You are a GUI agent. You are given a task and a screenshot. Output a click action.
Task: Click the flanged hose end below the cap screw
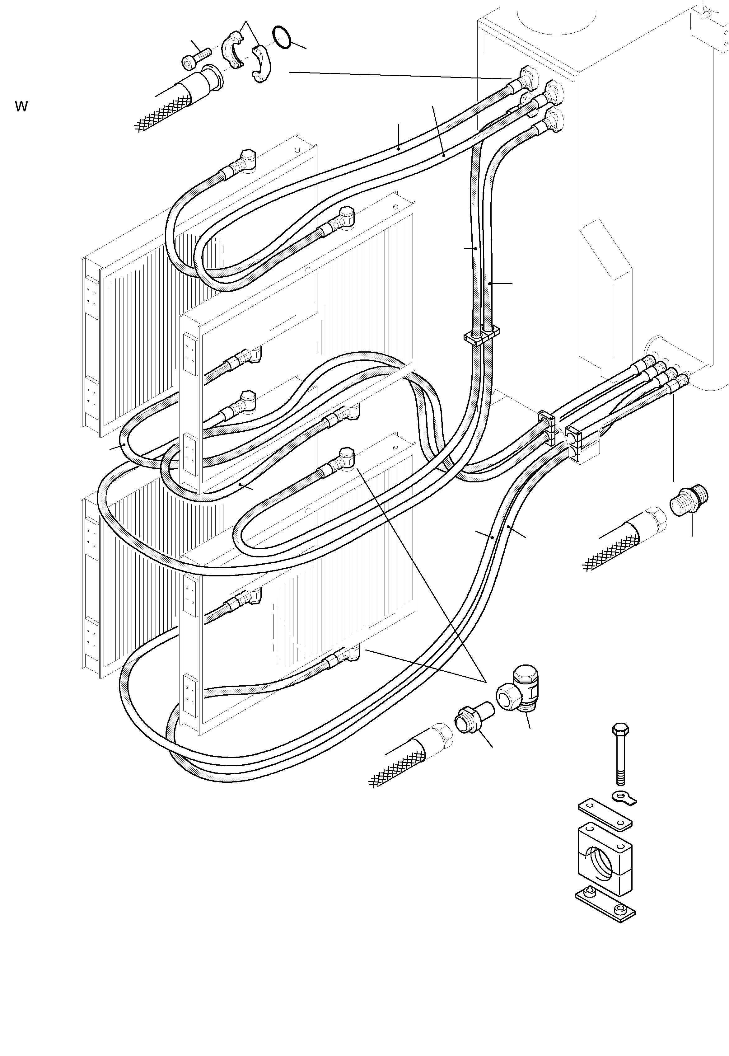click(206, 82)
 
